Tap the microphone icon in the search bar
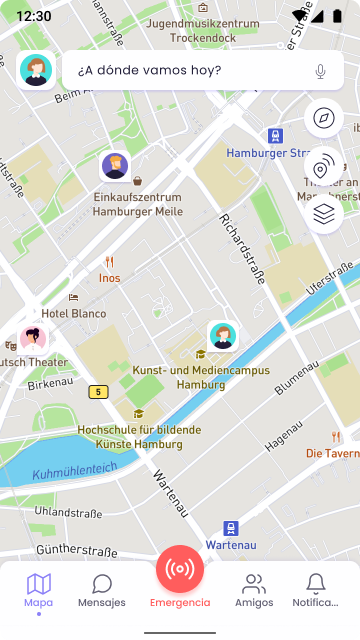coord(321,71)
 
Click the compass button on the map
coord(323,118)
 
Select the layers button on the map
coord(323,214)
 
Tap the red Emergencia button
coord(180,570)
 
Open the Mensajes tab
coord(102,590)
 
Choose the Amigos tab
coord(254,590)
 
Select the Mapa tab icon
coord(39,584)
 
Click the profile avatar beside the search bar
coord(36,71)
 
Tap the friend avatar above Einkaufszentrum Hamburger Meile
coord(115,167)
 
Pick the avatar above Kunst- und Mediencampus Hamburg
coord(222,336)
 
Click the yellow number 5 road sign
coord(97,392)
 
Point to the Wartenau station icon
coord(232,528)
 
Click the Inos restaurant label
coord(110,278)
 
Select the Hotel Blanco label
coord(73,313)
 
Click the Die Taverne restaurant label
coord(332,453)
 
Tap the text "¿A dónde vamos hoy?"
coord(149,71)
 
